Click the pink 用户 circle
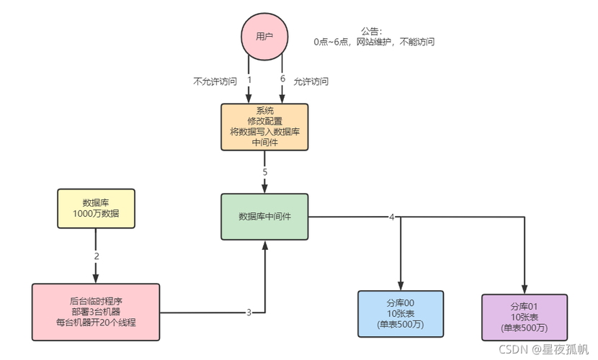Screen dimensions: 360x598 pyautogui.click(x=264, y=36)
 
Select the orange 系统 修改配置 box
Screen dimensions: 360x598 pyautogui.click(x=264, y=127)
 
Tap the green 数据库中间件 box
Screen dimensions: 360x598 pyautogui.click(x=264, y=216)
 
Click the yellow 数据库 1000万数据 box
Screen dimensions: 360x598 pyautogui.click(x=96, y=209)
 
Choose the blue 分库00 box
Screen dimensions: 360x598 pyautogui.click(x=401, y=313)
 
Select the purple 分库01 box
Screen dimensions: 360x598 pyautogui.click(x=524, y=316)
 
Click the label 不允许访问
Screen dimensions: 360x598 pyautogui.click(x=215, y=81)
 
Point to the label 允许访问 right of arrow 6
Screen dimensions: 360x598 pyautogui.click(x=311, y=81)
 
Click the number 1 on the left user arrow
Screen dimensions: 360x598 pyautogui.click(x=249, y=79)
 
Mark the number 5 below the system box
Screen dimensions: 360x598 pyautogui.click(x=264, y=173)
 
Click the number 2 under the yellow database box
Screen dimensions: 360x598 pyautogui.click(x=96, y=256)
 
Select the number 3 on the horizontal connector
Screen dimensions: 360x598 pyautogui.click(x=249, y=312)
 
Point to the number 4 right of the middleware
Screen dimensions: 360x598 pyautogui.click(x=391, y=217)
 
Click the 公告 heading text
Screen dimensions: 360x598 pyautogui.click(x=372, y=31)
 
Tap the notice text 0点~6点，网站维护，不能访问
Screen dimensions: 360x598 pyautogui.click(x=374, y=42)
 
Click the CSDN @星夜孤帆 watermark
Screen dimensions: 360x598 pyautogui.click(x=540, y=348)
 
